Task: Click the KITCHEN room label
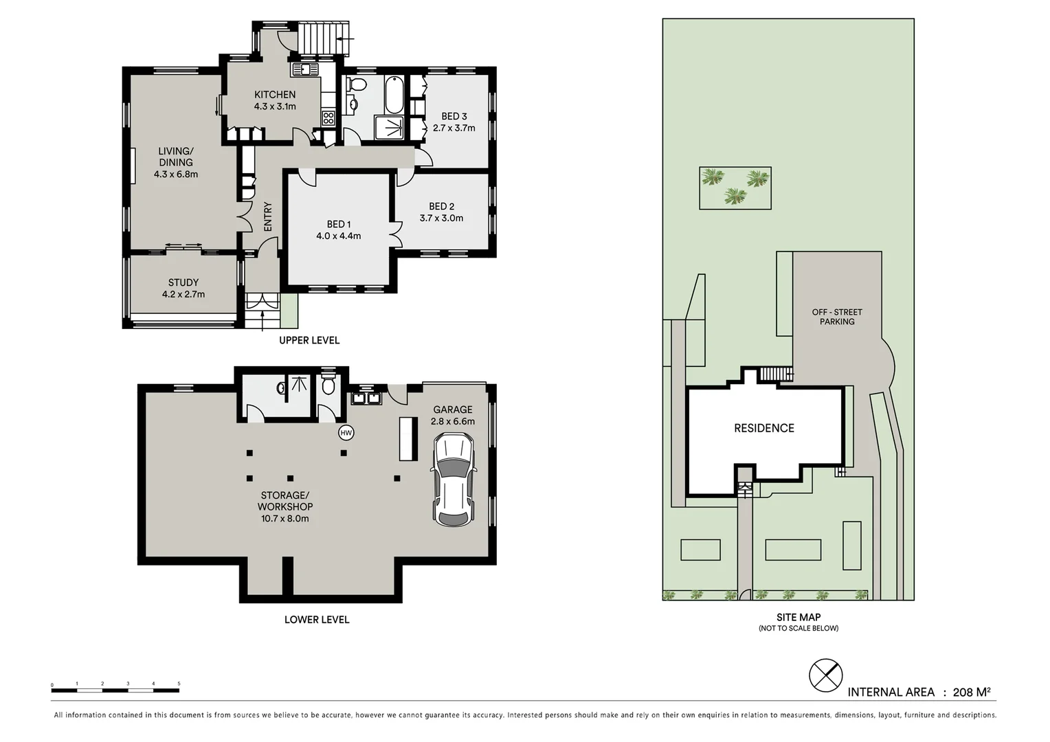275,95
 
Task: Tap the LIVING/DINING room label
176,157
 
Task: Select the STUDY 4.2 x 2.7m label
183,288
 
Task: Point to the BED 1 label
339,224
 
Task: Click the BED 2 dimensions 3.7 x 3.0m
441,218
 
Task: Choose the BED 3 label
454,116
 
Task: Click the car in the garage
453,480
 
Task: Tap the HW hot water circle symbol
346,433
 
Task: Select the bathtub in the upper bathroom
394,95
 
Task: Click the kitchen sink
304,69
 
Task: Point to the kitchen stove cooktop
328,117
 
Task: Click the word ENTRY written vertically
268,216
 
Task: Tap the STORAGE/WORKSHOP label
284,501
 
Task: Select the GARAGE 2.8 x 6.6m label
452,415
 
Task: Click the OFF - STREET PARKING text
836,317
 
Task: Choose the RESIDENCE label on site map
763,428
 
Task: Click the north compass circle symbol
825,675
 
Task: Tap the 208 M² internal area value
971,692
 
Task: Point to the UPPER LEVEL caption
309,340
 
